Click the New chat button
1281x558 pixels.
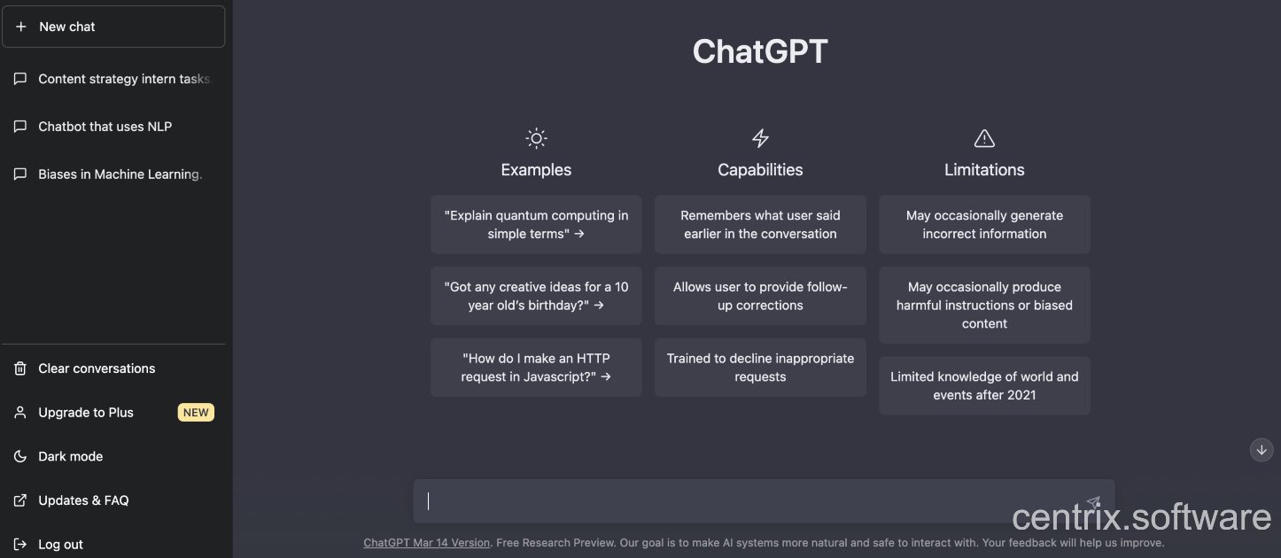point(113,27)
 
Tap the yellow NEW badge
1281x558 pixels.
point(196,412)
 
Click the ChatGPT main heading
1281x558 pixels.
point(760,50)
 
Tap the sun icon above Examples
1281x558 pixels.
point(536,138)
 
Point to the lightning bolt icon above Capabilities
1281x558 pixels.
point(760,138)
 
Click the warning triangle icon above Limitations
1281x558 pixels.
point(984,138)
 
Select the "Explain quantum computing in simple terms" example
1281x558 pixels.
point(536,224)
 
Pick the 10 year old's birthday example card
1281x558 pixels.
point(536,296)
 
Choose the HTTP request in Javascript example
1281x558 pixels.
point(536,367)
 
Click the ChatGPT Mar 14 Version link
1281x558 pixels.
point(427,543)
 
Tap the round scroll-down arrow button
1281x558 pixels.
point(1261,450)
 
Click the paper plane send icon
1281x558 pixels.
point(1093,502)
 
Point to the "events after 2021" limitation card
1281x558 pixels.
point(984,385)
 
